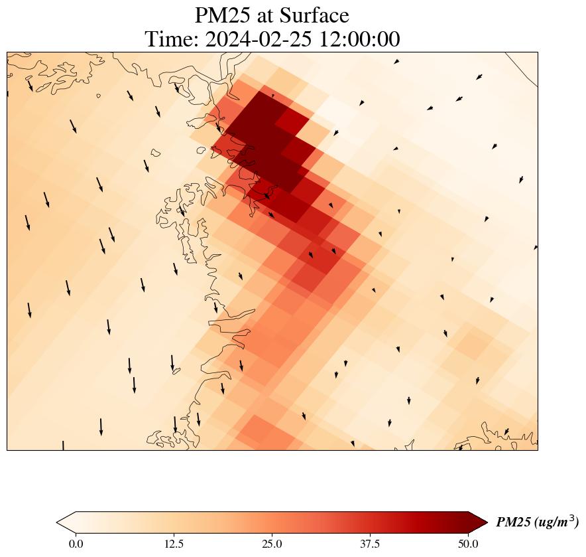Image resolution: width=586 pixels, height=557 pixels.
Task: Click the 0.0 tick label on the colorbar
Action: point(76,544)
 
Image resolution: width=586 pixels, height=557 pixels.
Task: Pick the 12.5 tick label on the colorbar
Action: point(174,544)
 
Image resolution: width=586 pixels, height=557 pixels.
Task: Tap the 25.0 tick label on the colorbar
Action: point(272,544)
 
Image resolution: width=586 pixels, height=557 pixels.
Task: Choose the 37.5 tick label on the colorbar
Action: point(370,544)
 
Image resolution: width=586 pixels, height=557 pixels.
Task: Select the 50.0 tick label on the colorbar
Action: point(468,544)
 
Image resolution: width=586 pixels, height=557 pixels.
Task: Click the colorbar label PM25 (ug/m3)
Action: point(537,522)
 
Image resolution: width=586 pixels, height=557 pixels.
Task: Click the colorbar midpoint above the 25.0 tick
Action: point(272,522)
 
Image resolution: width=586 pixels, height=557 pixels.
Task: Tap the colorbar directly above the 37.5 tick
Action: point(370,522)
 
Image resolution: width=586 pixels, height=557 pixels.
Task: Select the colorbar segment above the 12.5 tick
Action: point(174,522)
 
